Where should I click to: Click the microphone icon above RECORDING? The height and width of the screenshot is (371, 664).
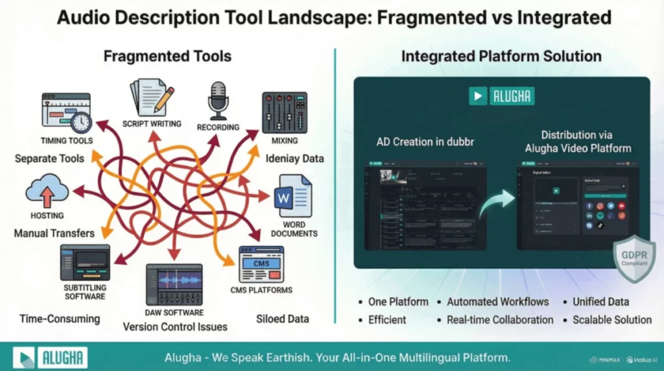tap(217, 101)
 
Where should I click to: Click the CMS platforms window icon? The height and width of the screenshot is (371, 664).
tap(261, 264)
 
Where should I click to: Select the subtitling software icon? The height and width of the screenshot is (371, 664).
tap(84, 263)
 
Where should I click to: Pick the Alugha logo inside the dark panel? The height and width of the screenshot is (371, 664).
tap(501, 96)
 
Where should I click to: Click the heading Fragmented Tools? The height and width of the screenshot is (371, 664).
tap(167, 56)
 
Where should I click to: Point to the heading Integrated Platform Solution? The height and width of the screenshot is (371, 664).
tap(501, 56)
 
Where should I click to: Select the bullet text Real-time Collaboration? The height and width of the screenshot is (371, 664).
tap(500, 320)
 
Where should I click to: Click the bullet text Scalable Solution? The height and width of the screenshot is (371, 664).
tap(611, 320)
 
